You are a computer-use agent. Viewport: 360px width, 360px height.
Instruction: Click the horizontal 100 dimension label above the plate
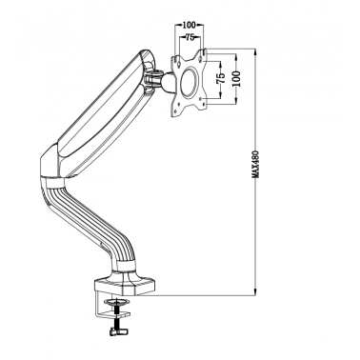click(190, 25)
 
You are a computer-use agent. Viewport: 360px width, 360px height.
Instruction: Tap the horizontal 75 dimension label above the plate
click(190, 37)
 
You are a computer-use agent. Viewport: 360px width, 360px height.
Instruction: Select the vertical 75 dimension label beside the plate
click(221, 78)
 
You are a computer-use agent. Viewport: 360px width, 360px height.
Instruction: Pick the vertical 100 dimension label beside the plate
click(237, 78)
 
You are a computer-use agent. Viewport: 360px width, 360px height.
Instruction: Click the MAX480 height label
click(256, 164)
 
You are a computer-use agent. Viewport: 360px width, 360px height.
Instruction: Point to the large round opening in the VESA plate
click(190, 82)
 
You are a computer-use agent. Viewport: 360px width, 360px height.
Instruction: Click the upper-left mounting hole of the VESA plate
click(179, 64)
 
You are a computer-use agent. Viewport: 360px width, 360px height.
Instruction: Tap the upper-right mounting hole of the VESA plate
click(200, 59)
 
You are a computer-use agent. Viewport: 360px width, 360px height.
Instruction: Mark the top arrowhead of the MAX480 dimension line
click(255, 50)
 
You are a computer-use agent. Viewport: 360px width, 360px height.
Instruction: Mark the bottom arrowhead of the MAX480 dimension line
click(255, 293)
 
